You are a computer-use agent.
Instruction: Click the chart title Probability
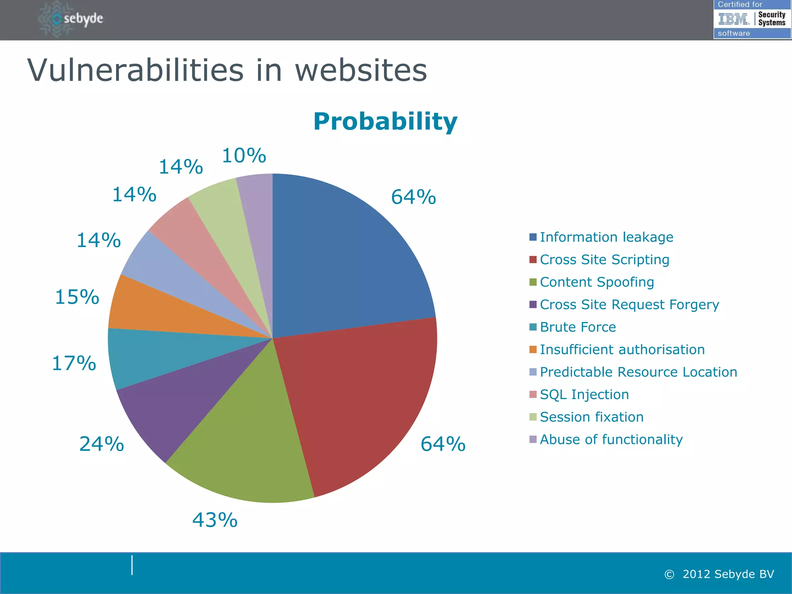[x=385, y=121]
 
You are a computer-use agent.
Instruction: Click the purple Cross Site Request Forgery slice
[x=178, y=402]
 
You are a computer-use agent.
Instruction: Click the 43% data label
[x=215, y=520]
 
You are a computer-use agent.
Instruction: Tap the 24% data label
[x=101, y=444]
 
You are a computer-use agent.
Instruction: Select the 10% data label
[x=244, y=155]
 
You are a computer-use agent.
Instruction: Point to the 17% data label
[x=74, y=363]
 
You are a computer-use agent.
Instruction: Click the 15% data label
[x=77, y=297]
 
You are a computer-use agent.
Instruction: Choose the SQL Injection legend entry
[x=584, y=394]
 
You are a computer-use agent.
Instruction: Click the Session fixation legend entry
[x=591, y=417]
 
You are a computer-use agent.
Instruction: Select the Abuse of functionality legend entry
[x=611, y=439]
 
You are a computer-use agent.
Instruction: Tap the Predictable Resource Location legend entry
[x=638, y=372]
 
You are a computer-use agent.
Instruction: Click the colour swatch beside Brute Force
[x=533, y=327]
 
